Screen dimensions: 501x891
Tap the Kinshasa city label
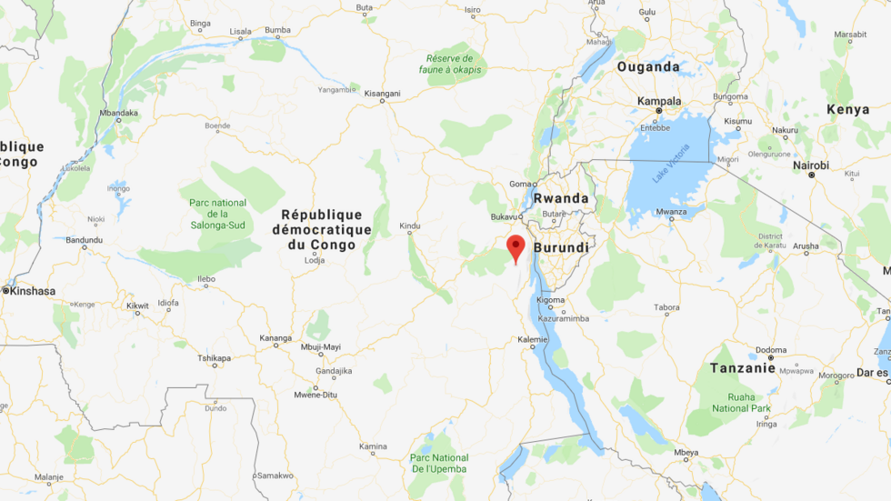point(32,291)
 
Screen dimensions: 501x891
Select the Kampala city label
point(659,101)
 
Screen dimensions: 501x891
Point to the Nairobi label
point(810,165)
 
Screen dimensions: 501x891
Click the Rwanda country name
point(561,198)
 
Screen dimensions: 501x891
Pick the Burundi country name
point(561,247)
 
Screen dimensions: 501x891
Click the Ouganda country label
point(648,66)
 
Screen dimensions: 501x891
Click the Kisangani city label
point(382,93)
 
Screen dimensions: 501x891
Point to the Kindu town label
point(410,225)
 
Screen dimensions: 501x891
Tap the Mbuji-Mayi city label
point(320,346)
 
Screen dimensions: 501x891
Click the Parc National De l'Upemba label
point(439,463)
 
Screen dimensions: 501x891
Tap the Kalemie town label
point(532,339)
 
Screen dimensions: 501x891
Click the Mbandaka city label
point(118,114)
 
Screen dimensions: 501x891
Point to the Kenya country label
point(847,109)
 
